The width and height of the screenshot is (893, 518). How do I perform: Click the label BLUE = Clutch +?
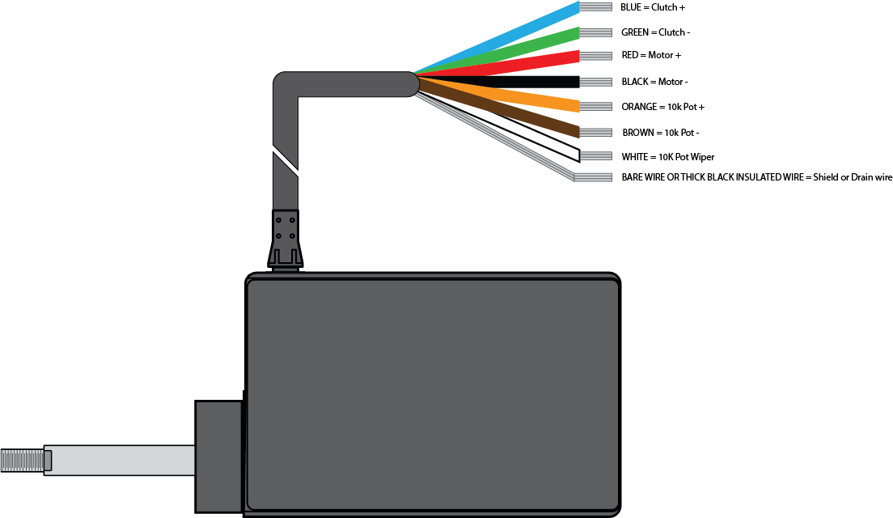[x=653, y=7]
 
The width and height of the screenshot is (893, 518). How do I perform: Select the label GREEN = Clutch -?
[x=655, y=32]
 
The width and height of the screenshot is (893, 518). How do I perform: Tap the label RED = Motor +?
[x=651, y=56]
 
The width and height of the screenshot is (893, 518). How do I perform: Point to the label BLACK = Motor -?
[x=654, y=82]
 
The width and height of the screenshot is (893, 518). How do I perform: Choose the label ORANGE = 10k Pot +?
[x=662, y=107]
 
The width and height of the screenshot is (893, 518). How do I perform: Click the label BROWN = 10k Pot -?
[x=661, y=132]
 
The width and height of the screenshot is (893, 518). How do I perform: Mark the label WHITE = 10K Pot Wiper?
[x=667, y=156]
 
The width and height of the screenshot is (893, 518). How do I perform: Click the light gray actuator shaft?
[x=121, y=461]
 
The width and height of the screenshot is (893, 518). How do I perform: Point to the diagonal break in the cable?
[x=286, y=162]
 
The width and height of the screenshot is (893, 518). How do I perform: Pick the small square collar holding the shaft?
[x=218, y=456]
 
